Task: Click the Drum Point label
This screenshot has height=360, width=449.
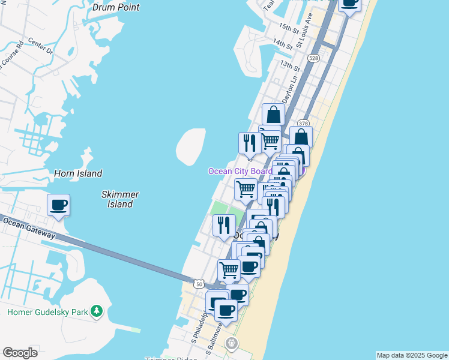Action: tap(116, 8)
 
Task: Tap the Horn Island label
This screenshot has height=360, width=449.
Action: tap(78, 173)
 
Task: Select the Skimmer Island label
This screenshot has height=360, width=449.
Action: tap(120, 199)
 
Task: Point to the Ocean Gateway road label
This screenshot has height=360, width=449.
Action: tap(29, 228)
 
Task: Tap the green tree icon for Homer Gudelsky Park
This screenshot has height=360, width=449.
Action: tap(96, 311)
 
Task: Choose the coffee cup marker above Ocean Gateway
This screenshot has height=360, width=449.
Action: tap(58, 206)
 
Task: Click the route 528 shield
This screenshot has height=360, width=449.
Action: tap(313, 58)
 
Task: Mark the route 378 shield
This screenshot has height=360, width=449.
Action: tap(303, 124)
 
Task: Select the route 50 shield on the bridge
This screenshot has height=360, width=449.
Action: tap(199, 283)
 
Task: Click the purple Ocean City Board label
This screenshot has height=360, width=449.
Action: tap(240, 172)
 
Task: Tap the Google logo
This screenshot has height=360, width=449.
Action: tap(20, 353)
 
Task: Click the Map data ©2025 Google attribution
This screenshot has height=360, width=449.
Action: tap(411, 355)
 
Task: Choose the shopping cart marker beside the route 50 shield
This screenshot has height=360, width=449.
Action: tap(229, 270)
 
